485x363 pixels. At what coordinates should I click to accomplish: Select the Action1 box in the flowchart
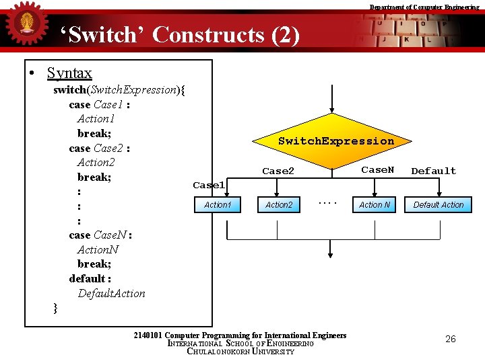(x=217, y=204)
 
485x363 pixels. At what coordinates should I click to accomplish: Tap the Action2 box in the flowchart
(x=278, y=204)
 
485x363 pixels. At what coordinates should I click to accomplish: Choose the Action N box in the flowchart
(x=375, y=204)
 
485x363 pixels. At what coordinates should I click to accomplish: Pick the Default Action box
(x=439, y=204)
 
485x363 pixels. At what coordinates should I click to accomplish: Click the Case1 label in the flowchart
(x=209, y=185)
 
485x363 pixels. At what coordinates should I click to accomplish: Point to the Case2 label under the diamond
(x=278, y=171)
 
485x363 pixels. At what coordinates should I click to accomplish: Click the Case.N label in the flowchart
(x=378, y=170)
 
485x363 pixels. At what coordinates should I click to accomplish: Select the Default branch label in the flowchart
(x=433, y=171)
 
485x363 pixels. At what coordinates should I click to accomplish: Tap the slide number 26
(x=451, y=339)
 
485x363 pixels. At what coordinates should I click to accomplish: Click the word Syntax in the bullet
(x=69, y=73)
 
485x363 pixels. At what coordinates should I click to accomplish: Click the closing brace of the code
(x=56, y=308)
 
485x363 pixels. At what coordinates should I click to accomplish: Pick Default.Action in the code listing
(x=111, y=293)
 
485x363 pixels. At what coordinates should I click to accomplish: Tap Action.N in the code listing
(x=98, y=249)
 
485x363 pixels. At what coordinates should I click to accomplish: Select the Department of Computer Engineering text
(x=424, y=7)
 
